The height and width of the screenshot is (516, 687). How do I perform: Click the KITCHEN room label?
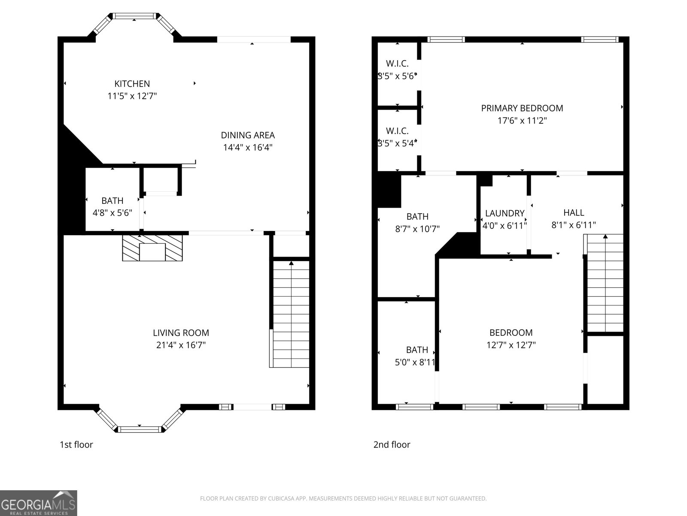(132, 84)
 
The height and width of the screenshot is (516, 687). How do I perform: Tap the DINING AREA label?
(248, 135)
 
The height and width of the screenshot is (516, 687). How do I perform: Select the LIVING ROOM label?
(181, 332)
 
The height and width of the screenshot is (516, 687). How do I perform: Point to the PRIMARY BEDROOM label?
(522, 108)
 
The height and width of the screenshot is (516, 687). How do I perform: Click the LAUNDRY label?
(505, 213)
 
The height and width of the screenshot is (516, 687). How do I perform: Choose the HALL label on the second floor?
(574, 212)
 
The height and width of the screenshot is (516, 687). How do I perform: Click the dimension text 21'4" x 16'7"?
(181, 345)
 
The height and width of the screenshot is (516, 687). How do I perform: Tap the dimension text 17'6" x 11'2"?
(522, 120)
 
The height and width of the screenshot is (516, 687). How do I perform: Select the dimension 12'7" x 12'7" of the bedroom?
(511, 345)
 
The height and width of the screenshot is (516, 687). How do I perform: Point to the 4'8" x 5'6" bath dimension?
(112, 213)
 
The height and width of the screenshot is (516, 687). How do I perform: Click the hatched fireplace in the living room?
(152, 248)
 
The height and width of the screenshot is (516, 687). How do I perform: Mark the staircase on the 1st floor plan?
(289, 314)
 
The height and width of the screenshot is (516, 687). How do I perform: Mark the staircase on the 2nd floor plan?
(603, 283)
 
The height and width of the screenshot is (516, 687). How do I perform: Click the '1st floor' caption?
(76, 445)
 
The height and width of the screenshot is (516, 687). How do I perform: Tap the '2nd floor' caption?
(392, 445)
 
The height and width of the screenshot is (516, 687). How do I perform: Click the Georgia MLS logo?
(39, 503)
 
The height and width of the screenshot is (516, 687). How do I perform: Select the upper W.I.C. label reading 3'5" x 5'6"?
(397, 70)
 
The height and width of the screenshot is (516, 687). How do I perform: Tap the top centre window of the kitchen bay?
(134, 16)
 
